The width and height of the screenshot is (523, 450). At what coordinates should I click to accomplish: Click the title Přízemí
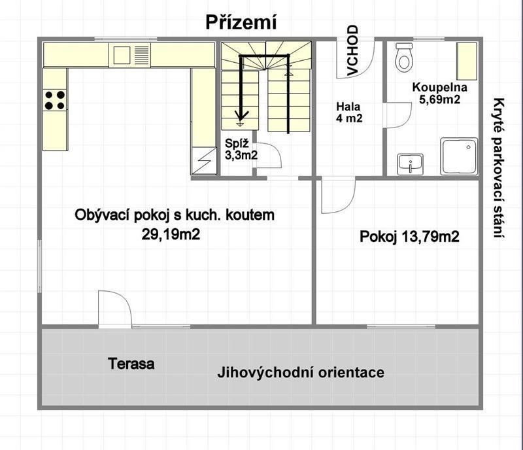click(x=241, y=23)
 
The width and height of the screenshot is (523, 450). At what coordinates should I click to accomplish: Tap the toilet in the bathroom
click(x=404, y=58)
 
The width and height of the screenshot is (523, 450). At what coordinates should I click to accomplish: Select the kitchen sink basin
click(x=122, y=55)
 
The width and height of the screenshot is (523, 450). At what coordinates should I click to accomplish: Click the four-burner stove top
click(x=55, y=101)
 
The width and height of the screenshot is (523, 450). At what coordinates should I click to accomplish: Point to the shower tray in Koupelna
click(x=459, y=156)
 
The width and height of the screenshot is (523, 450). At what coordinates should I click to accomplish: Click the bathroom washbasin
click(x=411, y=164)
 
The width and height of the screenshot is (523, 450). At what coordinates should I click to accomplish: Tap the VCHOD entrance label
click(x=352, y=50)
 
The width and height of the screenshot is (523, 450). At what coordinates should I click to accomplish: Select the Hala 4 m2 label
click(x=349, y=112)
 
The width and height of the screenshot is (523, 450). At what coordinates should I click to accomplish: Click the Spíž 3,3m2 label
click(x=241, y=149)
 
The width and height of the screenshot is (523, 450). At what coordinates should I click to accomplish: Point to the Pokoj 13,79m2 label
click(x=409, y=237)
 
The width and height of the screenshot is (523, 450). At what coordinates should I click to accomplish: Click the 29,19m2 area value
click(x=171, y=234)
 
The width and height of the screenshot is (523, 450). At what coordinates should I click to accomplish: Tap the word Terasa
click(x=131, y=364)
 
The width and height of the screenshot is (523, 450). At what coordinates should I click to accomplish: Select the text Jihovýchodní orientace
click(x=301, y=372)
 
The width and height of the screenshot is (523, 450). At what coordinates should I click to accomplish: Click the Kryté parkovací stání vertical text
click(x=499, y=168)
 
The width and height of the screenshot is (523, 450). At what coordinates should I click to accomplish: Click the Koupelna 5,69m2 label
click(x=439, y=93)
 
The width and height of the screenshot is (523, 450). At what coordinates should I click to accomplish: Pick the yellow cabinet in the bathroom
click(x=467, y=61)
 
